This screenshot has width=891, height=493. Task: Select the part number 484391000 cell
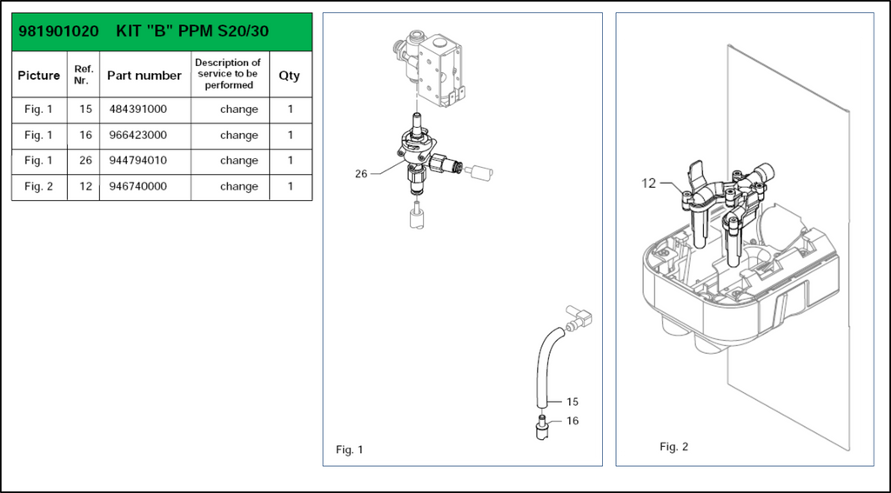tap(137, 110)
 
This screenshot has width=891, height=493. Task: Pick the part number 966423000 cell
tap(137, 135)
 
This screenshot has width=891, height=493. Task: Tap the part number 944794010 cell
tap(137, 160)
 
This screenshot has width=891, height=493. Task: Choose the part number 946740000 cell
tap(137, 186)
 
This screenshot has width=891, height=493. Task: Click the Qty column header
tap(289, 76)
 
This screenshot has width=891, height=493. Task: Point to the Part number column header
tap(144, 76)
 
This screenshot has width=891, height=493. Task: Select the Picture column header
tap(39, 76)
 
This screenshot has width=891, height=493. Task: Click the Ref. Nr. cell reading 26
tap(85, 160)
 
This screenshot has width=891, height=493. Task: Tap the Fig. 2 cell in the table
tap(38, 186)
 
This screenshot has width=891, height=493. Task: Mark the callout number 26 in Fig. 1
tap(361, 174)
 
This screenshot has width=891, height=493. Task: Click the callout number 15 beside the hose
tap(572, 402)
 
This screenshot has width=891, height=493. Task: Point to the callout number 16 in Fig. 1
tap(572, 421)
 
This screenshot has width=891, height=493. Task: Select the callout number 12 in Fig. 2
tap(649, 183)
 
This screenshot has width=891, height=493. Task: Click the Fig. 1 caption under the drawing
tap(349, 450)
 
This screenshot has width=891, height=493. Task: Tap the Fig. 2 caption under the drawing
tap(673, 447)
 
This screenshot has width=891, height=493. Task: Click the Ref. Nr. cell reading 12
tap(85, 186)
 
